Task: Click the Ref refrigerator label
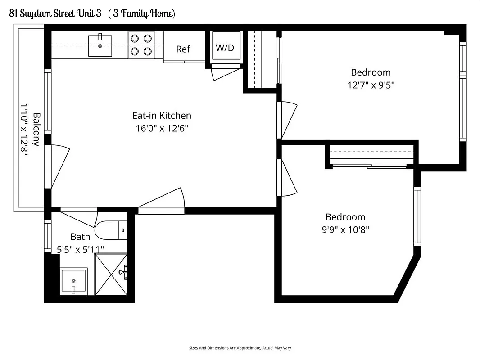(183, 49)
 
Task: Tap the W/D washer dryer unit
(225, 48)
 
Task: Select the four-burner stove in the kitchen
(141, 45)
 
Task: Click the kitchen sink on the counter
(100, 44)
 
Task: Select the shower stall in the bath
(112, 274)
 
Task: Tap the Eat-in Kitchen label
(162, 116)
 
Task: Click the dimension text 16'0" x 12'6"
(162, 128)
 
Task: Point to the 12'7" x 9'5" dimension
(371, 85)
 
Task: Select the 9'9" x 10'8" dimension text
(345, 229)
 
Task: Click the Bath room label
(80, 237)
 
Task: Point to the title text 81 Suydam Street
(54, 13)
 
